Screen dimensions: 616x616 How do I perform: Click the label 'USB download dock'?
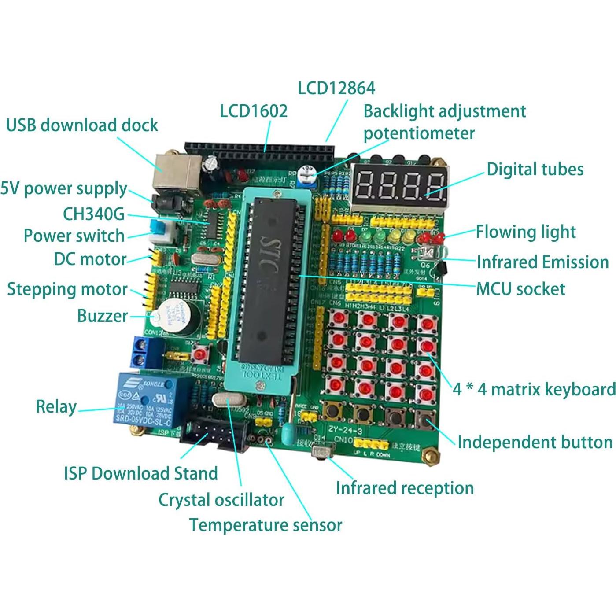coord(82,125)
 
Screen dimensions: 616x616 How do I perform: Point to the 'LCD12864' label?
coord(336,88)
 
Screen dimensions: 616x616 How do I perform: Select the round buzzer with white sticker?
coord(180,316)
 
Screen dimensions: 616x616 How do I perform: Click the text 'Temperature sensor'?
coord(266,525)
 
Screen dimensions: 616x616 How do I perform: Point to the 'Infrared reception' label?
coord(405,488)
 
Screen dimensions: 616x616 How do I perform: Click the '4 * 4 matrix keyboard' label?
coord(534,389)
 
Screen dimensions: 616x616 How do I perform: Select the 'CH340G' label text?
coord(94,214)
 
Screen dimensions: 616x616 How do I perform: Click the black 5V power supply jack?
coord(166,204)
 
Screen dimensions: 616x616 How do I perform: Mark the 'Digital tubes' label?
coord(535,170)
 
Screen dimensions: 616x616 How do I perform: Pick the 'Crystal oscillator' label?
coord(221,500)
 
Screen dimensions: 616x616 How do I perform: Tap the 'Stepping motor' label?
coord(67,289)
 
